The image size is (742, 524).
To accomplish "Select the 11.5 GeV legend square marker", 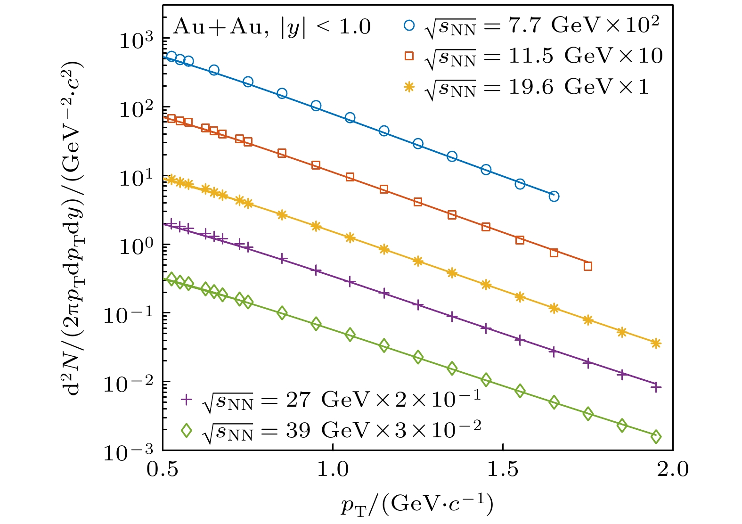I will point(409,56).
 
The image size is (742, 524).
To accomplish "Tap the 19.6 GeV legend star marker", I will point(409,87).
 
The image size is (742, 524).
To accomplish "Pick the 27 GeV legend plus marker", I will point(187,400).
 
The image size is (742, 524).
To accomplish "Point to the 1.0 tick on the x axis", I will point(333,469).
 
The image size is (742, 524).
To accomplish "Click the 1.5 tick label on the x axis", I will point(503,469).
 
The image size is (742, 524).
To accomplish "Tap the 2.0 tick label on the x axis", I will point(672,469).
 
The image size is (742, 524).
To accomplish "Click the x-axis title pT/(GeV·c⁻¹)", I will point(417,504).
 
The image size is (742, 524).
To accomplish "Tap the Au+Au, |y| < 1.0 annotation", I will point(272,27).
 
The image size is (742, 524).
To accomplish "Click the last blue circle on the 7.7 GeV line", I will point(554,196).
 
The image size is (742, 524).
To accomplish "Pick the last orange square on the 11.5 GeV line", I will point(588,266).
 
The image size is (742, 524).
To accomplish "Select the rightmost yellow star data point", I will point(656,344).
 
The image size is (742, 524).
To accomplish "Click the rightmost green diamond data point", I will point(656,437).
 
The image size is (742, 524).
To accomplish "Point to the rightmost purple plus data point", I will point(656,387).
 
